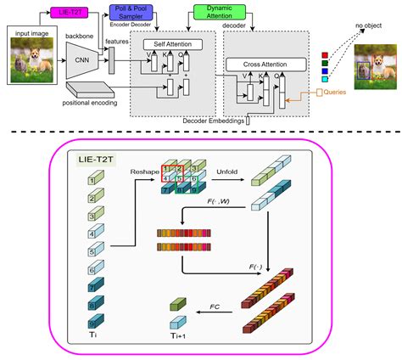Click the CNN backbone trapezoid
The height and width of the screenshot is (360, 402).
(x=82, y=59)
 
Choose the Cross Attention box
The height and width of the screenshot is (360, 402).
(x=262, y=63)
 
